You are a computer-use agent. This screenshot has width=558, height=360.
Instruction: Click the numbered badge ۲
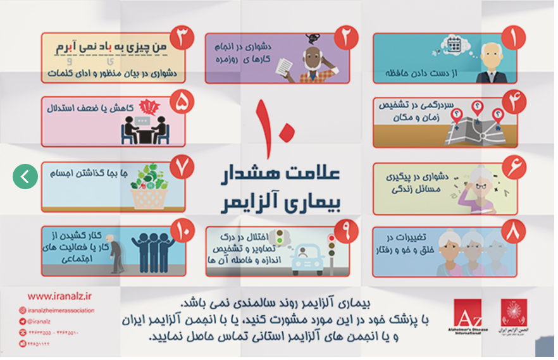click(345, 38)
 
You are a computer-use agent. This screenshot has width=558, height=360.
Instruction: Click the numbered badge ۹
click(345, 232)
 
